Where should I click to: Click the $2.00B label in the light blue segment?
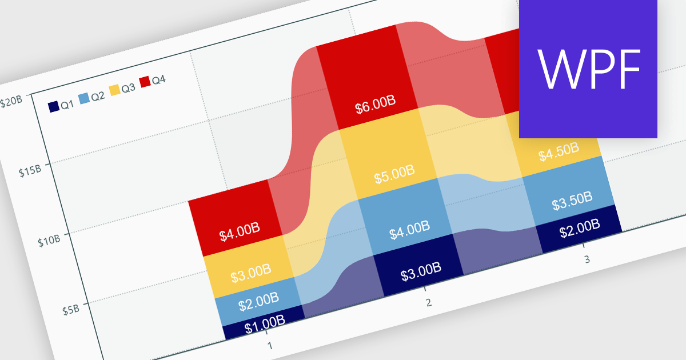coord(259,301)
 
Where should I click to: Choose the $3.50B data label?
coord(572,201)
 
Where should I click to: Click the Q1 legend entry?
coord(61,105)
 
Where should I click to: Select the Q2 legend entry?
coord(91,97)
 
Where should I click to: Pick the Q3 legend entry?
coord(122,89)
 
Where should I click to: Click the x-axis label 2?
coord(428,302)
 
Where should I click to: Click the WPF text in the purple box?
coord(588,69)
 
